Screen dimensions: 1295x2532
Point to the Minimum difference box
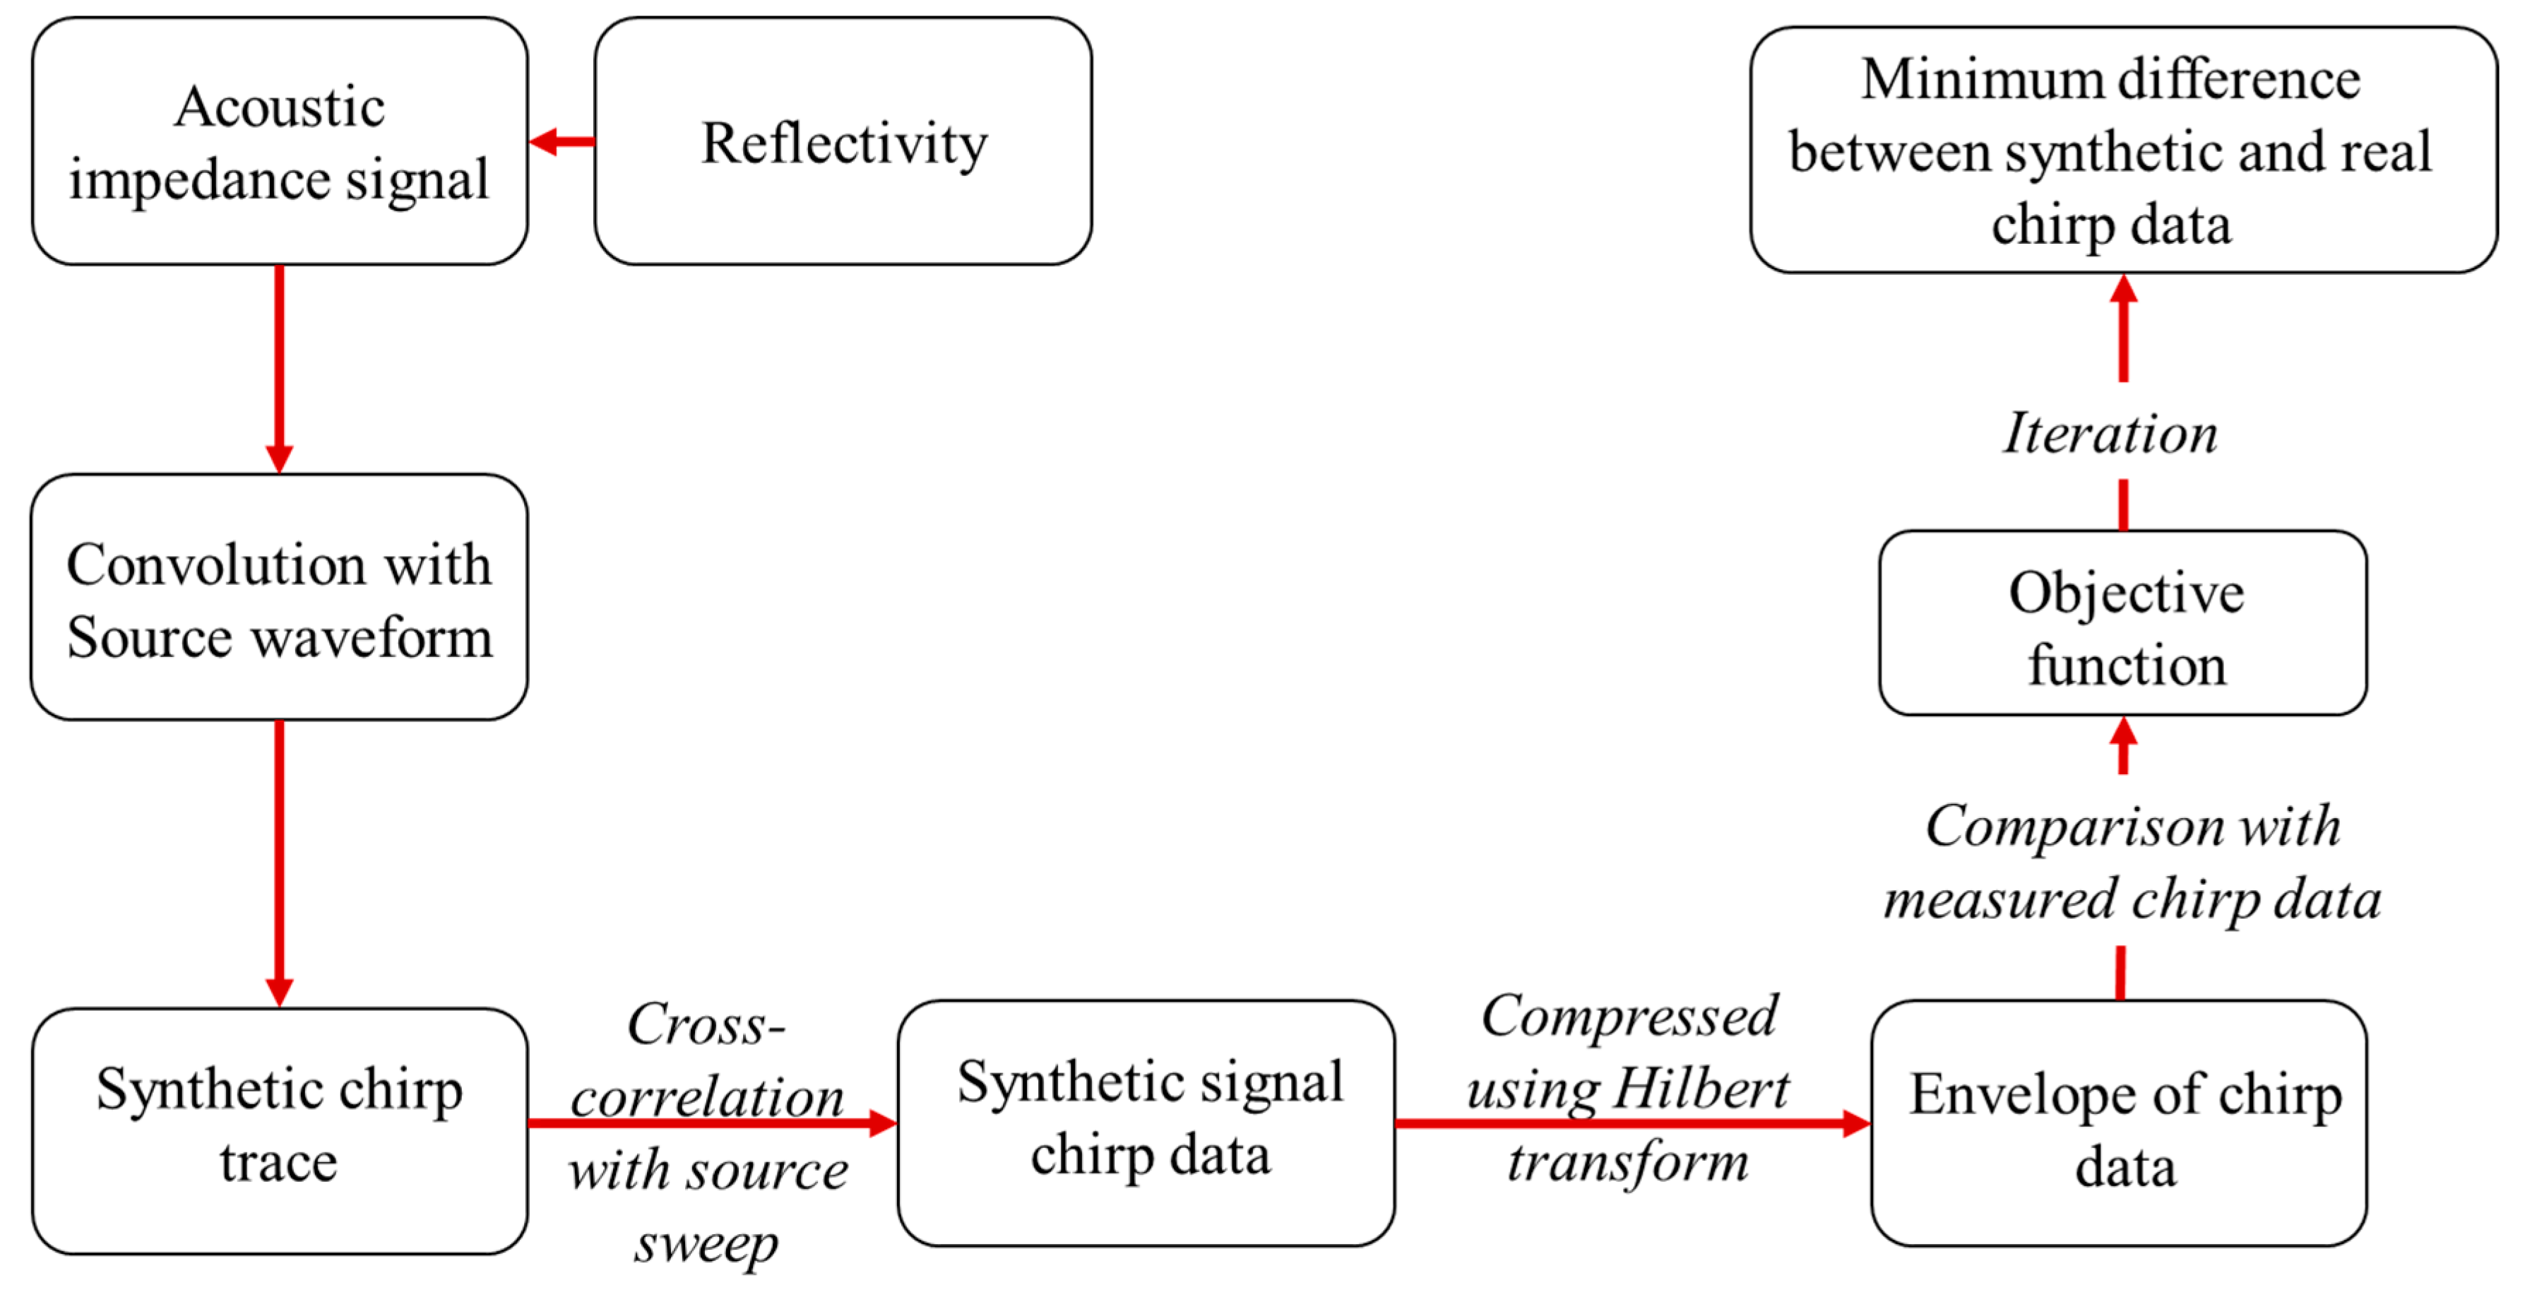click(2123, 150)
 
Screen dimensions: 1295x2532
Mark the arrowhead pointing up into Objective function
click(2123, 733)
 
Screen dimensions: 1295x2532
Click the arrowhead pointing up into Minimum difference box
click(2123, 290)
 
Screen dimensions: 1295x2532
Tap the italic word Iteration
click(2111, 434)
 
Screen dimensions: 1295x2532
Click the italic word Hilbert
click(1701, 1089)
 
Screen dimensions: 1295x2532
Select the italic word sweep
click(706, 1245)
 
